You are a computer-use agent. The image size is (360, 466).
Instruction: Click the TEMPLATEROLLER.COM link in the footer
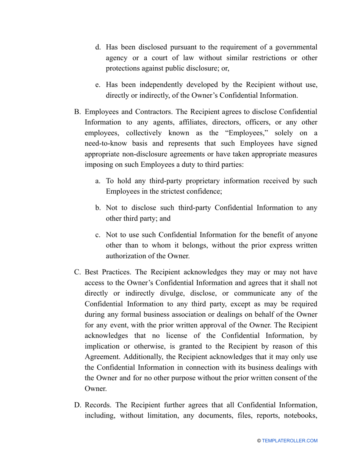pos(290,441)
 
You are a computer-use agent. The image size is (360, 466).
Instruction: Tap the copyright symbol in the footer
pos(259,441)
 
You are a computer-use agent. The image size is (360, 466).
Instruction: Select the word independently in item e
pos(150,85)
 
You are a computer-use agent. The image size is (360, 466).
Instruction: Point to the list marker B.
pos(77,112)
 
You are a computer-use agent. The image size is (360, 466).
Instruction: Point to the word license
pos(186,336)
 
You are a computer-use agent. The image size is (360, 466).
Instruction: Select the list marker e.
pos(98,85)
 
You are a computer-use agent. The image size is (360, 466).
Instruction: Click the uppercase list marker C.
pos(77,272)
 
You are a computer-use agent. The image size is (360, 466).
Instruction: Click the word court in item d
pos(163,58)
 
